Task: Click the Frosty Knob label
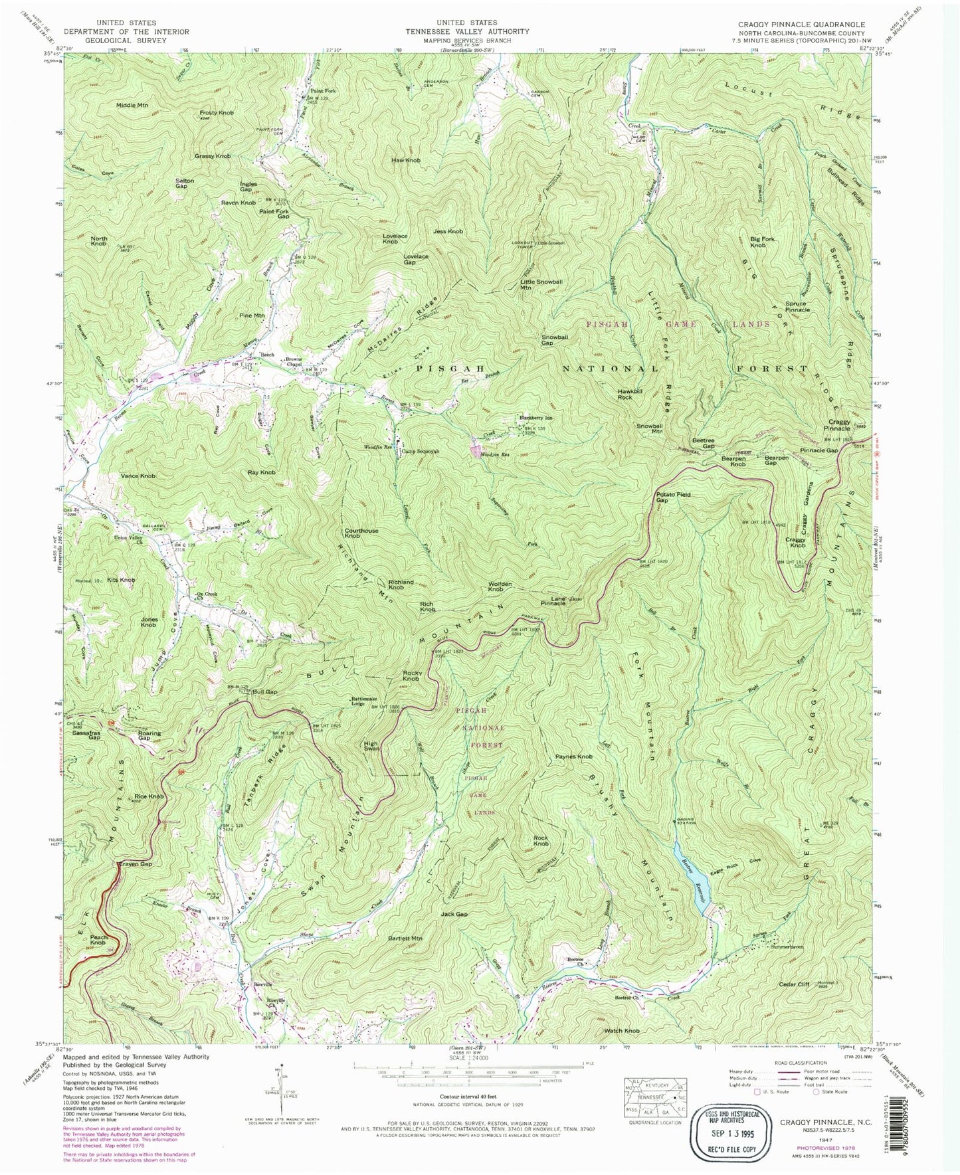point(217,113)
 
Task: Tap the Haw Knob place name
point(406,160)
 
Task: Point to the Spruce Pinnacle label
point(797,307)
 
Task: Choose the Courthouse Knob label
point(361,533)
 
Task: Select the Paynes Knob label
point(573,757)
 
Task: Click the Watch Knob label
point(622,1031)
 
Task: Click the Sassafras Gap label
point(86,735)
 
